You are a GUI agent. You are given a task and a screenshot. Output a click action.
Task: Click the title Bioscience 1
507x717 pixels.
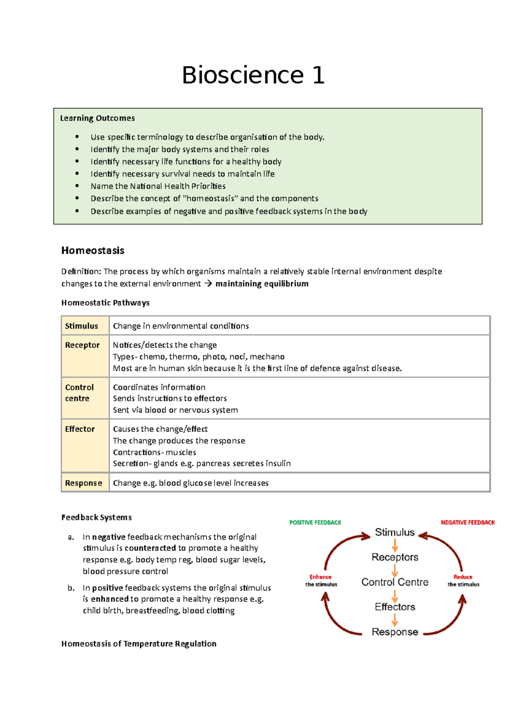pyautogui.click(x=253, y=76)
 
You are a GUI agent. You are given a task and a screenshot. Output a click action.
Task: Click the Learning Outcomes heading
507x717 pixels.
pyautogui.click(x=97, y=118)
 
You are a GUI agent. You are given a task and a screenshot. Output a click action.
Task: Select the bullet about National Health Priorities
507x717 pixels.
pyautogui.click(x=158, y=186)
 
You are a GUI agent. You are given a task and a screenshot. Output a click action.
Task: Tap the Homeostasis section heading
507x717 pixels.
pyautogui.click(x=93, y=250)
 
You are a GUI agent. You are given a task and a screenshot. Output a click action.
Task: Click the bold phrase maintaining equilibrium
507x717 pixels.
pyautogui.click(x=262, y=284)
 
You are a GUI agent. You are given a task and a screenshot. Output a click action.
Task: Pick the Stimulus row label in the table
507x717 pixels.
pyautogui.click(x=82, y=326)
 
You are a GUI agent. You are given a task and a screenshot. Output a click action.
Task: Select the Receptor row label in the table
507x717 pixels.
pyautogui.click(x=82, y=345)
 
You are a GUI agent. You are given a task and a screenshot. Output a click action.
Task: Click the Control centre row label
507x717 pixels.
pyautogui.click(x=79, y=393)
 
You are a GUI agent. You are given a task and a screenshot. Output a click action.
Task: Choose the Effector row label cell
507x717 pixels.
pyautogui.click(x=80, y=429)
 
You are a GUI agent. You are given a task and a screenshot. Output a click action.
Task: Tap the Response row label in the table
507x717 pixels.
pyautogui.click(x=84, y=483)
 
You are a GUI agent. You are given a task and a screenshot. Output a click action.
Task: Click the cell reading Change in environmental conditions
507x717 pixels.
pyautogui.click(x=181, y=326)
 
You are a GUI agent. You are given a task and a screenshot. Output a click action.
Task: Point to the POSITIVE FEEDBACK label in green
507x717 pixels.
pyautogui.click(x=315, y=523)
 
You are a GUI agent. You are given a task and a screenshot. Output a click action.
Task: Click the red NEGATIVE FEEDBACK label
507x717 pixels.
pyautogui.click(x=468, y=523)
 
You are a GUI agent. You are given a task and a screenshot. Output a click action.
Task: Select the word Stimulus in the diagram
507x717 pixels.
pyautogui.click(x=395, y=532)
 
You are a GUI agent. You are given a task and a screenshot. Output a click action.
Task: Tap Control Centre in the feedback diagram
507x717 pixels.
pyautogui.click(x=395, y=582)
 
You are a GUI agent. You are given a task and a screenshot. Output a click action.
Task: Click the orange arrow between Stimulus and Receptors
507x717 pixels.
pyautogui.click(x=395, y=545)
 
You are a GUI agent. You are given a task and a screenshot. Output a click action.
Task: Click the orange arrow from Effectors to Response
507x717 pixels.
pyautogui.click(x=395, y=620)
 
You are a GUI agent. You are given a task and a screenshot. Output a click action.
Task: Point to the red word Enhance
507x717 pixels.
pyautogui.click(x=321, y=577)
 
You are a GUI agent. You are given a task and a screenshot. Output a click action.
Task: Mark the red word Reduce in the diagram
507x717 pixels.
pyautogui.click(x=463, y=577)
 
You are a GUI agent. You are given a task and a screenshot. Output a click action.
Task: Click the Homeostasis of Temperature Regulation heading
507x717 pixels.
pyautogui.click(x=139, y=644)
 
